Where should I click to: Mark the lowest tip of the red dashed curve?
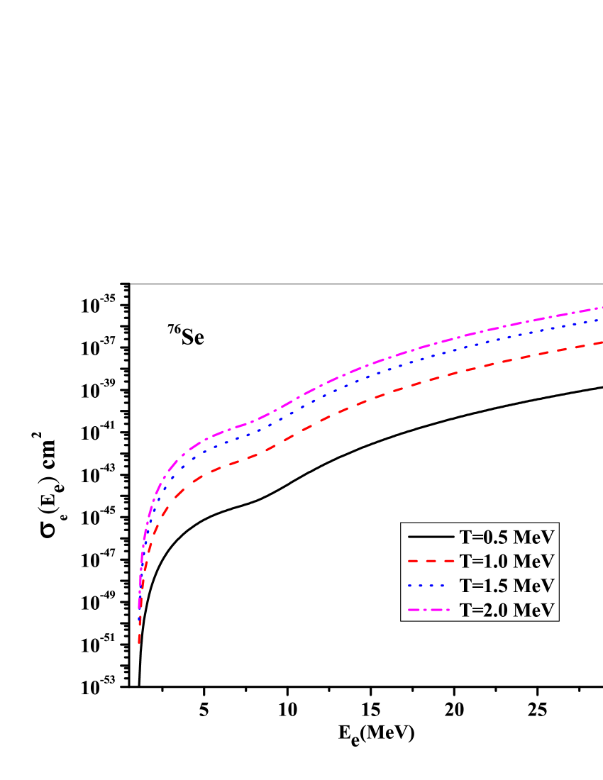coord(139,642)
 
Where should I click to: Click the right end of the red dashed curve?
coord(601,343)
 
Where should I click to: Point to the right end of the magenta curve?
coord(601,308)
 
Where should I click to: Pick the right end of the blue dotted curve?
coord(601,319)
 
